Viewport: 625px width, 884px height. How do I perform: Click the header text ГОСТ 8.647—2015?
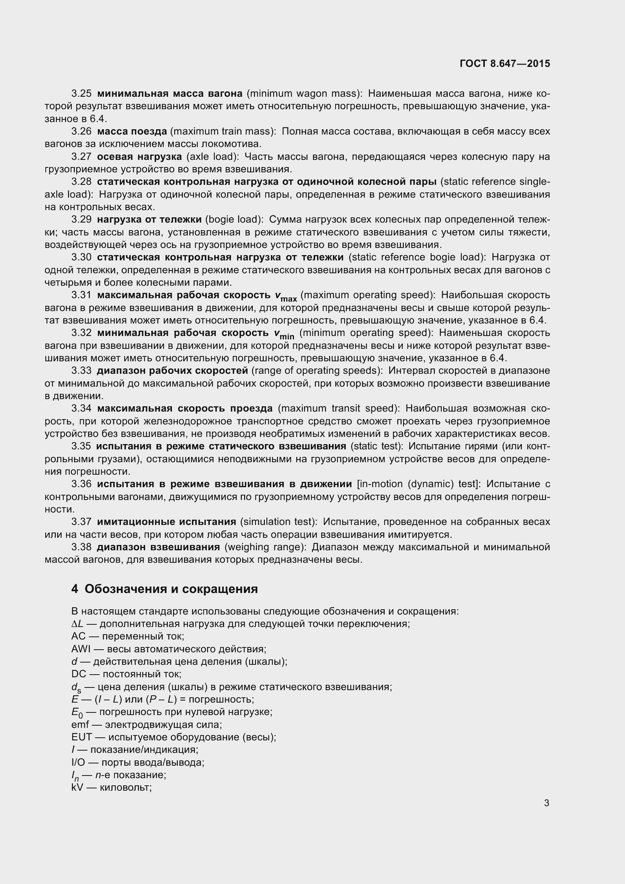click(x=504, y=63)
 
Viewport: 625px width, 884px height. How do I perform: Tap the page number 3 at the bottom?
click(x=546, y=803)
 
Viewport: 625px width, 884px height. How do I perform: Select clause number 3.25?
click(x=81, y=94)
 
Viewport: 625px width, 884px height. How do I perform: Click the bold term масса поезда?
click(x=132, y=131)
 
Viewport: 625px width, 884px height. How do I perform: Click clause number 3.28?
click(x=81, y=181)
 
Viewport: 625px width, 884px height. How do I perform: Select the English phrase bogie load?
click(x=234, y=220)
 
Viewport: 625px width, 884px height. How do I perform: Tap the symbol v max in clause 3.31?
click(x=286, y=296)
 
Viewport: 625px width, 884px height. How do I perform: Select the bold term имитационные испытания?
click(x=166, y=522)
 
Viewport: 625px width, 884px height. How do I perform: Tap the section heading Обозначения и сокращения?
click(x=171, y=589)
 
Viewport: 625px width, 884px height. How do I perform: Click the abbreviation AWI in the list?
click(x=80, y=649)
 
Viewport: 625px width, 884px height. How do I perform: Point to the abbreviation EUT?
click(x=82, y=737)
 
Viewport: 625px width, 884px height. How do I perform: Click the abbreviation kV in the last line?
click(x=77, y=787)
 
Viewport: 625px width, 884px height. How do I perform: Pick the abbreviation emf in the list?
click(x=80, y=725)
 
